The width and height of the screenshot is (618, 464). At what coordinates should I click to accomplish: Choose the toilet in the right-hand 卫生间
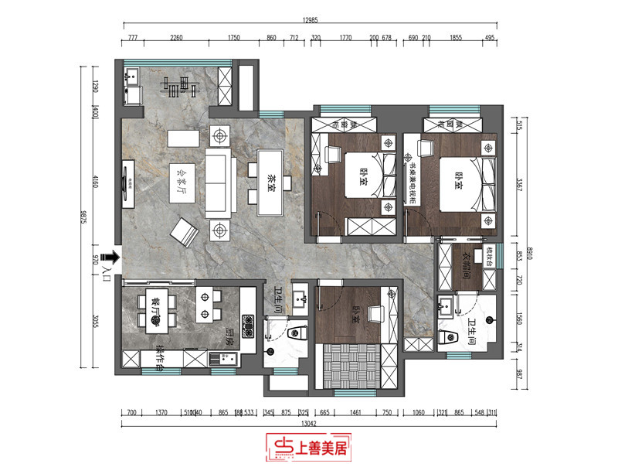click(447, 338)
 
